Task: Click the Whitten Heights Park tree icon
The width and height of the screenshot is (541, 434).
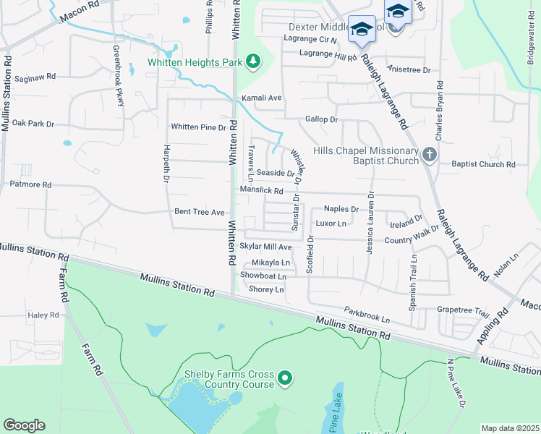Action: click(x=253, y=62)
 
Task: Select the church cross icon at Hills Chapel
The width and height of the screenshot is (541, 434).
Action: click(x=429, y=154)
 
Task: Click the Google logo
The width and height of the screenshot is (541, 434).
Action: click(x=24, y=425)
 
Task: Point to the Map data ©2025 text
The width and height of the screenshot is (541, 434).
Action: click(x=510, y=428)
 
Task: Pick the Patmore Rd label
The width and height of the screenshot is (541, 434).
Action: click(x=30, y=185)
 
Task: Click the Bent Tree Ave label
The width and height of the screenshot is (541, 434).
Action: click(x=200, y=213)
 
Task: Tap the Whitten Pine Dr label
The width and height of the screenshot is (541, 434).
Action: click(x=199, y=127)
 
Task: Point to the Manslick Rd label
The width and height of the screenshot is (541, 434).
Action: click(x=262, y=190)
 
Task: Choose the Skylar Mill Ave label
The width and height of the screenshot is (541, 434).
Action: click(x=265, y=247)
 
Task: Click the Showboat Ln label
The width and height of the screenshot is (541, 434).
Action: click(x=263, y=276)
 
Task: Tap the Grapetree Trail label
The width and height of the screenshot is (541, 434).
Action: click(x=464, y=310)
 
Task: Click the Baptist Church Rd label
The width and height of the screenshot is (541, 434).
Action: click(x=483, y=165)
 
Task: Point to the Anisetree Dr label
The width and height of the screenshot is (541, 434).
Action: click(x=409, y=70)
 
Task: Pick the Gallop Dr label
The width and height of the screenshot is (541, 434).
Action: click(x=321, y=119)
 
